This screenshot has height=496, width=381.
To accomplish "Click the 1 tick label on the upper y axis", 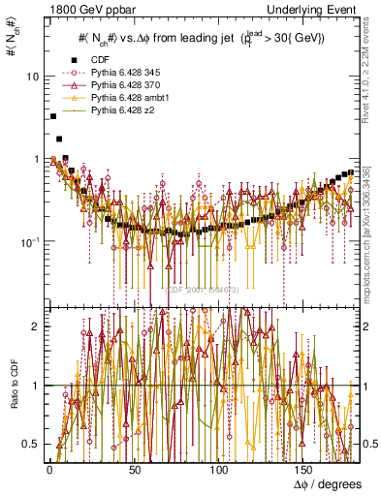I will [x=37, y=159].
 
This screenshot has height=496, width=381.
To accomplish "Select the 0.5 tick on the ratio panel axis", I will [x=32, y=444].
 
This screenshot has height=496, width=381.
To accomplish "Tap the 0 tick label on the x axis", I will [x=48, y=470].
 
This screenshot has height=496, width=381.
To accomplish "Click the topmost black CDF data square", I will [x=52, y=116].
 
